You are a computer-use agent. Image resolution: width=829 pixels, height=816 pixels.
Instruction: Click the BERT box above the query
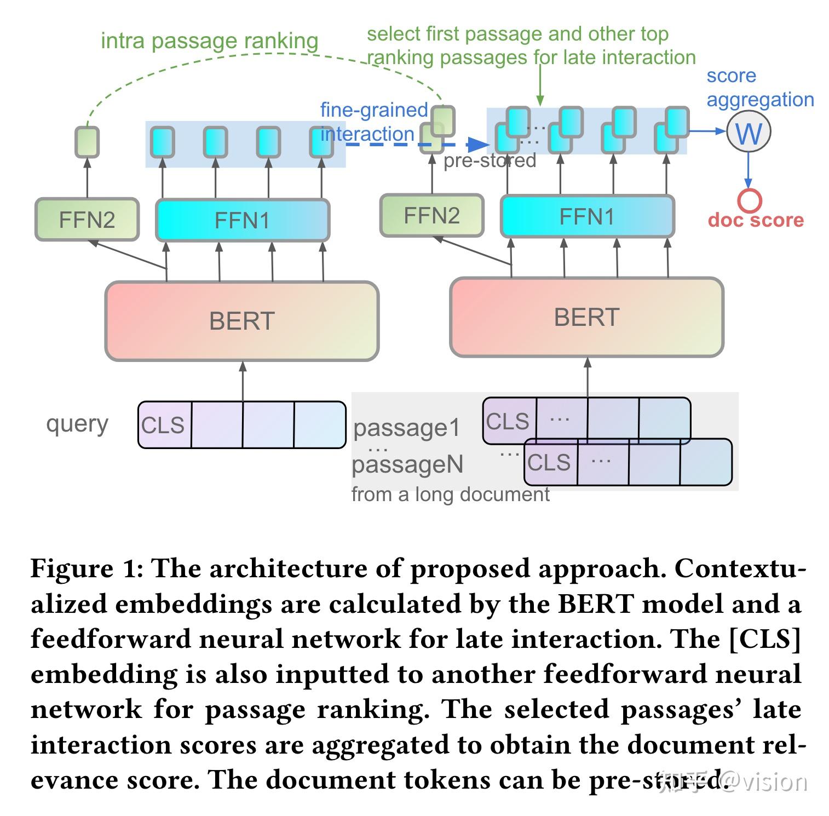(241, 321)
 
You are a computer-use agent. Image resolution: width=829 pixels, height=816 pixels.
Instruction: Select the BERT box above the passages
(586, 317)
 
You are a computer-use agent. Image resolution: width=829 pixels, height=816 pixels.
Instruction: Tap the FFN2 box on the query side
(87, 220)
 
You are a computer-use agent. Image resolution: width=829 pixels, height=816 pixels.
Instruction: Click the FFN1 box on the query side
(242, 220)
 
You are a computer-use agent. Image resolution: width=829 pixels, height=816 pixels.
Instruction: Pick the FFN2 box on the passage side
(431, 216)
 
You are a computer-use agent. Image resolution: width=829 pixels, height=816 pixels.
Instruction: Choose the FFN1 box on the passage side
(587, 217)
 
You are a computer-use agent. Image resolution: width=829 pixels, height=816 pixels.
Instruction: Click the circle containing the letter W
(749, 132)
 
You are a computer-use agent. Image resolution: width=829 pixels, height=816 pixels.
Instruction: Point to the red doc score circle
(749, 200)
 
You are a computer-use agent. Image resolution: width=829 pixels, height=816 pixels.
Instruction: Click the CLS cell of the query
(164, 425)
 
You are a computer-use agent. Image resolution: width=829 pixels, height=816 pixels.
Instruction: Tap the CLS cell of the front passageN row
(550, 462)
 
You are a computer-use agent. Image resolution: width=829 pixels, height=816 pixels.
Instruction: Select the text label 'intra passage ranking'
(209, 41)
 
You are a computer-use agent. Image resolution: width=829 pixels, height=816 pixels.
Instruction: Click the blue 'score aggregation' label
(759, 88)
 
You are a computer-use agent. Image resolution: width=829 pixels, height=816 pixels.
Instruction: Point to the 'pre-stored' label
(490, 160)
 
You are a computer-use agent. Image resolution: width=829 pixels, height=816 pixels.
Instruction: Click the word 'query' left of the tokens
(77, 423)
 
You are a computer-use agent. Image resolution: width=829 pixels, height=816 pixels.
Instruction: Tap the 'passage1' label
(407, 428)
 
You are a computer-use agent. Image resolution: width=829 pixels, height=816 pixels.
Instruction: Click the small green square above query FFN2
(87, 142)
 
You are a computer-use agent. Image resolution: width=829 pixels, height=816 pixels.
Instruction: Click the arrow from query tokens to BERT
(243, 381)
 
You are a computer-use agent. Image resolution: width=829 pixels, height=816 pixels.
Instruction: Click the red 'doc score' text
(756, 220)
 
